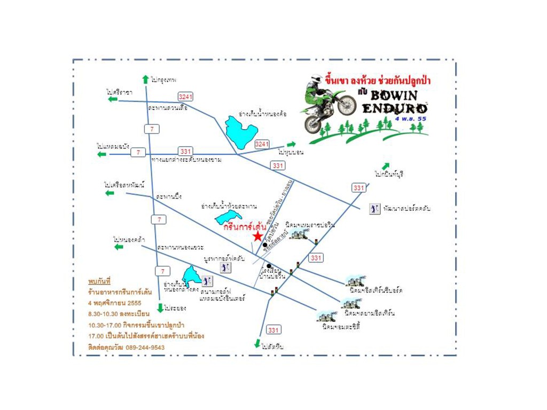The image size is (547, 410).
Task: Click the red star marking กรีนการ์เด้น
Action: click(x=259, y=236)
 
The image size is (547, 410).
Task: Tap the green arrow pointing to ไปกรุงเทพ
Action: click(x=145, y=80)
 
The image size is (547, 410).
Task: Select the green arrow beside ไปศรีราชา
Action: click(x=112, y=99)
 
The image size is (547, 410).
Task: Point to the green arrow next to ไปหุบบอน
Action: click(x=291, y=144)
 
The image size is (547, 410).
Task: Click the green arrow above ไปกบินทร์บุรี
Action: click(x=386, y=166)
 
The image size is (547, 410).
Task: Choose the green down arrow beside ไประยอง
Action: click(x=160, y=308)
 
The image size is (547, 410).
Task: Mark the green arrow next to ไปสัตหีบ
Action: click(x=257, y=343)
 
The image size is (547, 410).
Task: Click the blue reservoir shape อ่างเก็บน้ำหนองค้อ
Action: click(x=241, y=132)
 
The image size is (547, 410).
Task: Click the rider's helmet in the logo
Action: click(x=317, y=79)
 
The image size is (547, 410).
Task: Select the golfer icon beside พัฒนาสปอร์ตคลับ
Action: click(x=374, y=209)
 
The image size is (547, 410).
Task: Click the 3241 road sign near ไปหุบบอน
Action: click(x=262, y=144)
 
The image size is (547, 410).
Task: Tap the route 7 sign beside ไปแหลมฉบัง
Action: click(x=138, y=153)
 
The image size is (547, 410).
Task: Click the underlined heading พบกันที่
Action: click(x=99, y=281)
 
